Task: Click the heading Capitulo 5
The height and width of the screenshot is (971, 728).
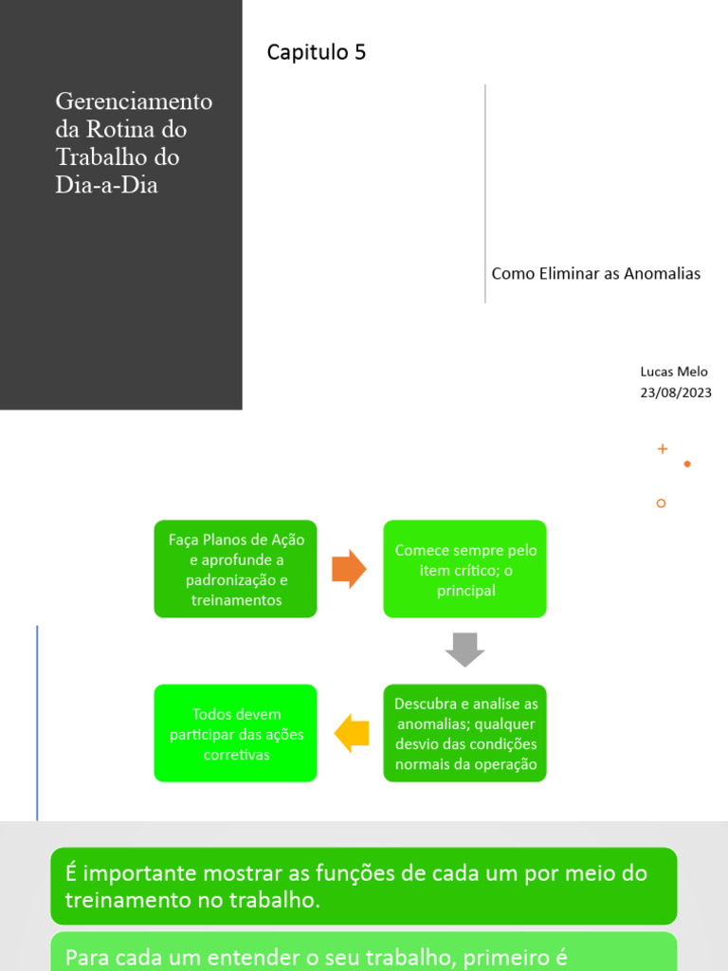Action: (316, 53)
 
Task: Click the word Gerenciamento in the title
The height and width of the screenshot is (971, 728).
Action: (134, 101)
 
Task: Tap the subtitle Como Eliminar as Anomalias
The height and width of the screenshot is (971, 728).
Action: (595, 274)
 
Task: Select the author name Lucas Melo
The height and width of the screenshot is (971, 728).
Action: (673, 372)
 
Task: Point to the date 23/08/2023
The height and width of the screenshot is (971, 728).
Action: (675, 393)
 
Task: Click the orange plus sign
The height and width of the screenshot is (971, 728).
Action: (663, 449)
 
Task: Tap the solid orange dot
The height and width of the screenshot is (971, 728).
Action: (687, 464)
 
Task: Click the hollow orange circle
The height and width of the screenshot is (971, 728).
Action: (661, 504)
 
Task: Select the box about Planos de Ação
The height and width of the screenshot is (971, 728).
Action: (236, 569)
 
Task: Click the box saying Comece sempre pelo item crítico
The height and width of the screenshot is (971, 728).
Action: (465, 569)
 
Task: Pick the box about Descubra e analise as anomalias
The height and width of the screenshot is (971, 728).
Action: (465, 733)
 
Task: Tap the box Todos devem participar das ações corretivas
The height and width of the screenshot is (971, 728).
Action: (236, 733)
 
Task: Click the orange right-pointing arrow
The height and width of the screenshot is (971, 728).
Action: (349, 569)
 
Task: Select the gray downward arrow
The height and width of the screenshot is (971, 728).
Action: (464, 650)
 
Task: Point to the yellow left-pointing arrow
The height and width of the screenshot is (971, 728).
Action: (352, 733)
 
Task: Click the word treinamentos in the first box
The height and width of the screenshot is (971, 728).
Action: (236, 600)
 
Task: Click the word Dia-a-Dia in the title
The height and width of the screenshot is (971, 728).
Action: (106, 185)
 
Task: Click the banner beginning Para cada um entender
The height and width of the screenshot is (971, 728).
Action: (364, 953)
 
